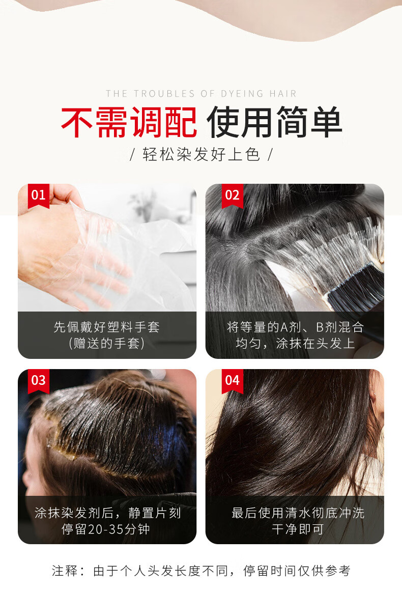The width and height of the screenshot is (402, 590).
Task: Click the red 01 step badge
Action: click(38, 195)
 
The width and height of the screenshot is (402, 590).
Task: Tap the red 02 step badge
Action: click(233, 195)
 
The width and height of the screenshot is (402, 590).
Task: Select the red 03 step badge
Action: click(38, 381)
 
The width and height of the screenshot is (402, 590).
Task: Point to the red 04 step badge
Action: click(233, 381)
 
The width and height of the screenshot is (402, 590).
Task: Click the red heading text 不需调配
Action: click(129, 122)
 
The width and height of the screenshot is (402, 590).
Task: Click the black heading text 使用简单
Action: click(274, 122)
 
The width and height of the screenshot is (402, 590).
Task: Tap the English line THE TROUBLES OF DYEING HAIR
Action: click(201, 94)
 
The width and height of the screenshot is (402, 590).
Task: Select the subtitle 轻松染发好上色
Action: click(201, 154)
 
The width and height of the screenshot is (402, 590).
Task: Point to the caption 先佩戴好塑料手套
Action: click(107, 327)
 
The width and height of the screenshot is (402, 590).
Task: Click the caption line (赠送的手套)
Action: click(107, 343)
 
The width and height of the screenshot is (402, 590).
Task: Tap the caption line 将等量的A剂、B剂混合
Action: click(295, 327)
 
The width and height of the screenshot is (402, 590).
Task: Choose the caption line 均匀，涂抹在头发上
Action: click(295, 343)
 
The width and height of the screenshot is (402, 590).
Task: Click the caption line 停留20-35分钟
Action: click(106, 529)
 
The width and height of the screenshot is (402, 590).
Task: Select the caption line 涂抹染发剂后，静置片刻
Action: click(107, 513)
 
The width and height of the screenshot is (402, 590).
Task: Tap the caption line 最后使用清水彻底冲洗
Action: click(298, 513)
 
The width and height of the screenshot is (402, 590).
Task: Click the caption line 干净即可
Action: click(298, 529)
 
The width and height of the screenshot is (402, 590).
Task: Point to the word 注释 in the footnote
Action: click(65, 571)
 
